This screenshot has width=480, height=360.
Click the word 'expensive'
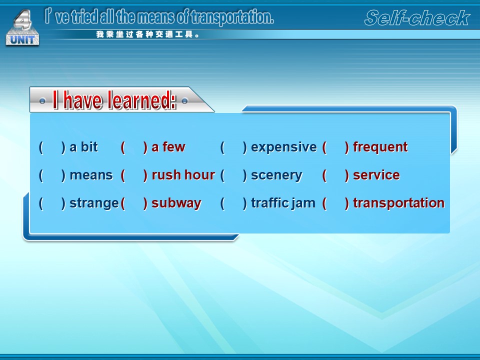tap(284, 147)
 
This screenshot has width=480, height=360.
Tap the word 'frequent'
tap(380, 147)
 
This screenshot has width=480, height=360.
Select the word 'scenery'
tap(276, 175)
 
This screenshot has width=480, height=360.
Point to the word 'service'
tap(376, 175)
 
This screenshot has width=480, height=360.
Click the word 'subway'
tap(176, 203)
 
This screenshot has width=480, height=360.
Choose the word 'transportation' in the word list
tap(398, 203)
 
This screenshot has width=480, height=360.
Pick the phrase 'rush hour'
tap(183, 175)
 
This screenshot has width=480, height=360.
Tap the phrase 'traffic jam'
tap(283, 203)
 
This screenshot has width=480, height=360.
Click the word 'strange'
tap(94, 203)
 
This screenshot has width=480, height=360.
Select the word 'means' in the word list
tap(91, 175)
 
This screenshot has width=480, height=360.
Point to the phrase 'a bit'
tap(83, 147)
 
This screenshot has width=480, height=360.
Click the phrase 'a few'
tap(168, 147)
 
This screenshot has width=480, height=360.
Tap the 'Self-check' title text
tap(417, 18)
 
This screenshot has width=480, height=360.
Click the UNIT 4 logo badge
tap(22, 27)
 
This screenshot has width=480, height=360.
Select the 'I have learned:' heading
tap(114, 100)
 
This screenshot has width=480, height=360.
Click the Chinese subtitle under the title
tap(148, 34)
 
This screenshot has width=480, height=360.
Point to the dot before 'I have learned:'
tap(42, 101)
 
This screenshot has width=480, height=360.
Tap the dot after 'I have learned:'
tap(184, 100)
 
